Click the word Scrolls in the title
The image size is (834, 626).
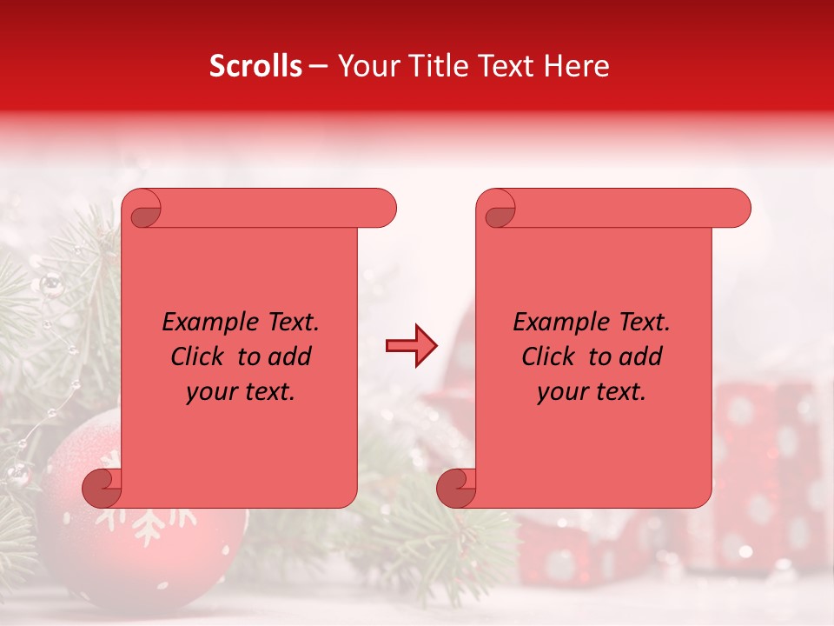(255, 66)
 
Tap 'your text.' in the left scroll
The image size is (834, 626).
(241, 392)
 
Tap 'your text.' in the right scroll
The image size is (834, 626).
(592, 392)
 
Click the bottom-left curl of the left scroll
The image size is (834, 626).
(103, 488)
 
